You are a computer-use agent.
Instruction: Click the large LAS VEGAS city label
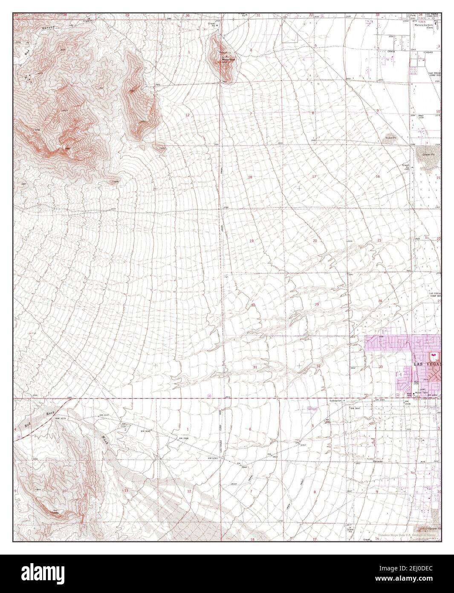pyautogui.click(x=427, y=364)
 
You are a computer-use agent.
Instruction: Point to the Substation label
pyautogui.click(x=336, y=401)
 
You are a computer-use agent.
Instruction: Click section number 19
pyautogui.click(x=252, y=241)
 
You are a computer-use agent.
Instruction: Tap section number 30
pyautogui.click(x=253, y=305)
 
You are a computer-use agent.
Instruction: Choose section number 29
pyautogui.click(x=317, y=304)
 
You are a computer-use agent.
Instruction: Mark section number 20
pyautogui.click(x=315, y=241)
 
